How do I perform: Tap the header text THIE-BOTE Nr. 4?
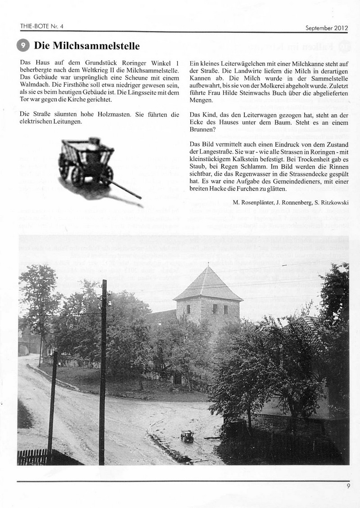point(42,26)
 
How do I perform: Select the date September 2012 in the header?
point(327,27)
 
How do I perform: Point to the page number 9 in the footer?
point(348,486)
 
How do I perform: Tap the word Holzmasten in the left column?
point(113,114)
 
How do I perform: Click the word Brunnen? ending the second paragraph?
point(202,129)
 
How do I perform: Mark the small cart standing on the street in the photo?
point(187,436)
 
